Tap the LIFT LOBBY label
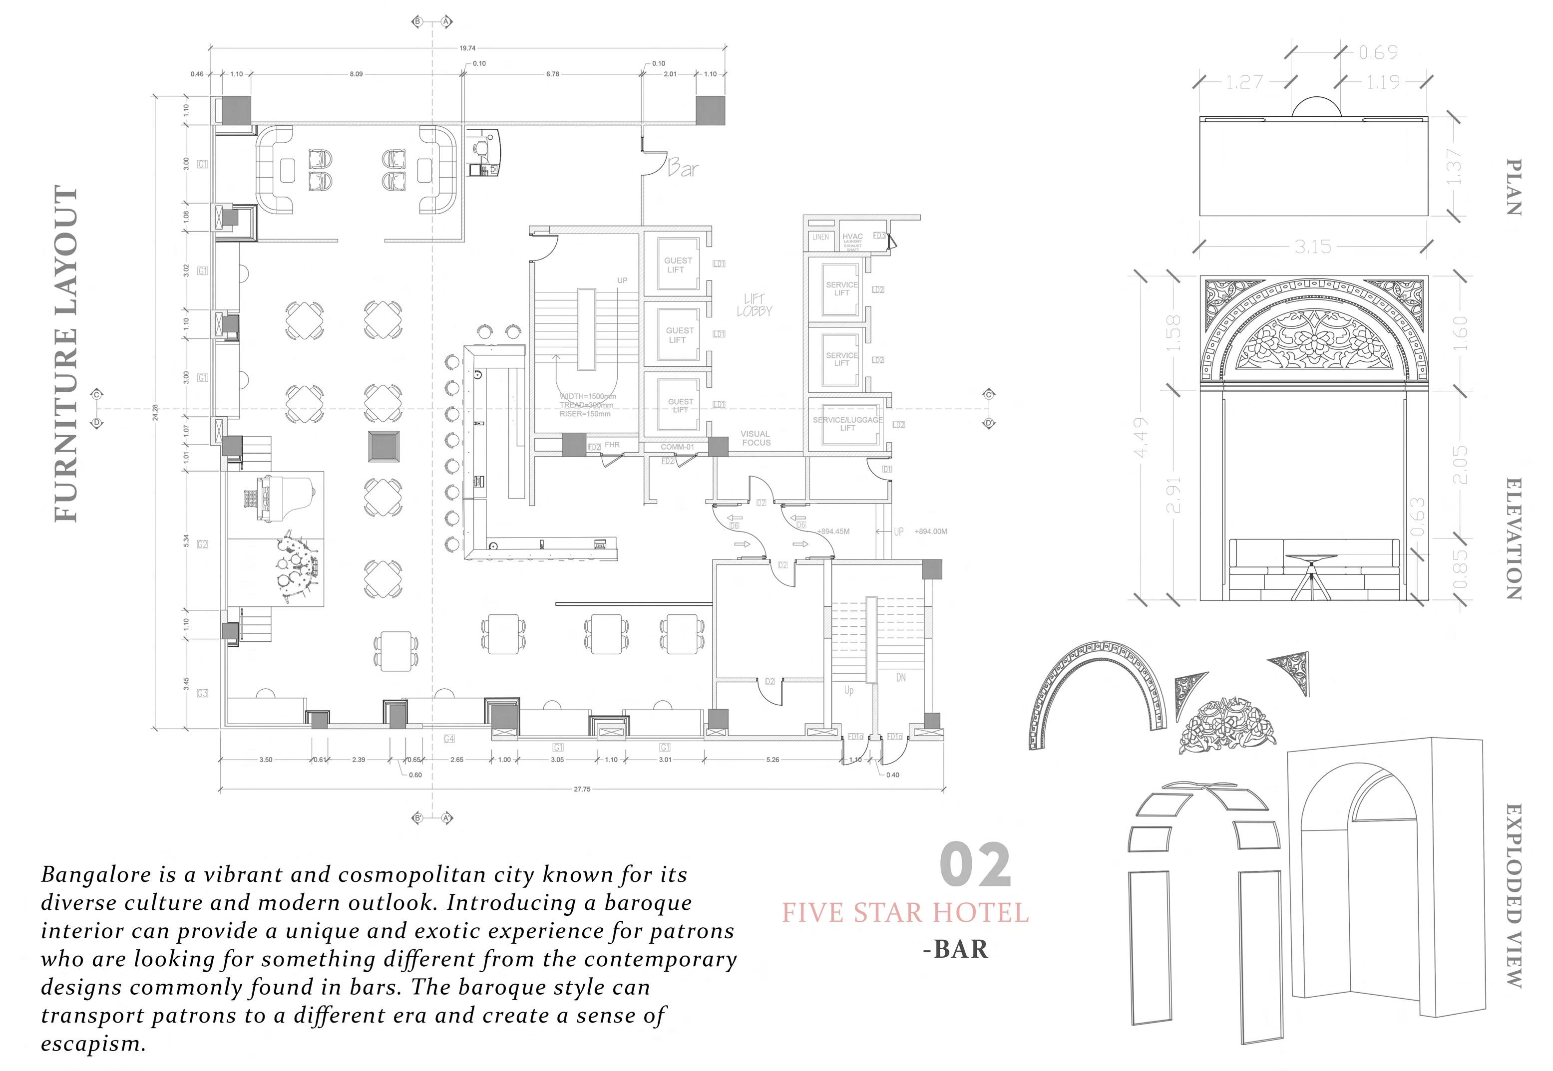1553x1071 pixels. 754,305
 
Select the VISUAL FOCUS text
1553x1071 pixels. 756,438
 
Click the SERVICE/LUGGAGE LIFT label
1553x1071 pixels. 847,423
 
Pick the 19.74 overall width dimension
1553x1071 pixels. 467,48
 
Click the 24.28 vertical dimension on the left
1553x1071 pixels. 156,412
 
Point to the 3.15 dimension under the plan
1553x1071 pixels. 1313,247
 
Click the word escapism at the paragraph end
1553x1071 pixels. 93,1044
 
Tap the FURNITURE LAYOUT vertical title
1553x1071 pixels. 66,354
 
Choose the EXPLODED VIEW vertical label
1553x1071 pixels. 1514,896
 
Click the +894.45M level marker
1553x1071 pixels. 833,532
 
